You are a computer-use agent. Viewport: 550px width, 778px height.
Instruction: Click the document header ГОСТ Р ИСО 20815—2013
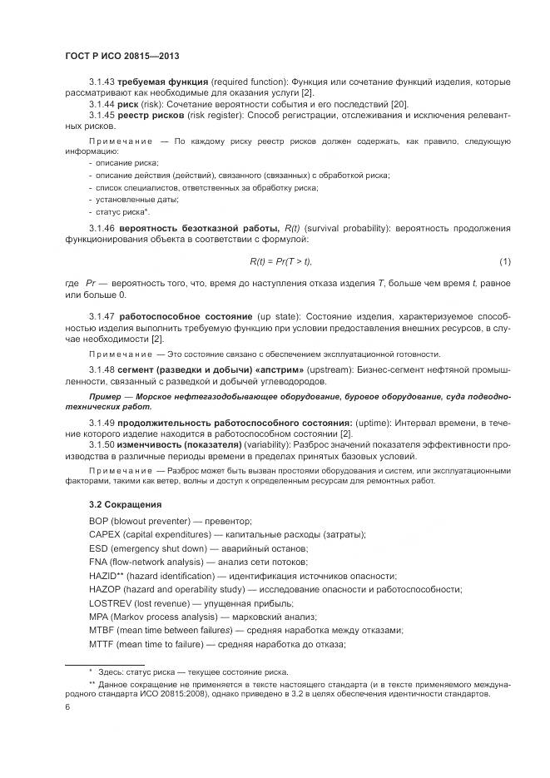point(122,57)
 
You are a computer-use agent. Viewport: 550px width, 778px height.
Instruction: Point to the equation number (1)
point(505,262)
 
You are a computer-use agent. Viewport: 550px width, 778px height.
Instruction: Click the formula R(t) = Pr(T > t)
point(280,262)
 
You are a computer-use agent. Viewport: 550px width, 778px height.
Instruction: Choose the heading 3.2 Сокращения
point(125,504)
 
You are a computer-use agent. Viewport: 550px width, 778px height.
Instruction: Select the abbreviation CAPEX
point(104,534)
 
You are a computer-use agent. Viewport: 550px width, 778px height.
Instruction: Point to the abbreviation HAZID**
point(106,576)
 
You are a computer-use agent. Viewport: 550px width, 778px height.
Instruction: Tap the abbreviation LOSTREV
point(109,603)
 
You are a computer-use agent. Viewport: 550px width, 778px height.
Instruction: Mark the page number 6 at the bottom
point(67,708)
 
